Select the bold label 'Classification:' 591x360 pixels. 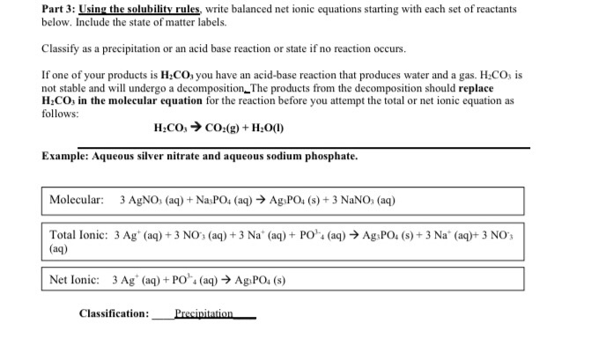pos(114,313)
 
